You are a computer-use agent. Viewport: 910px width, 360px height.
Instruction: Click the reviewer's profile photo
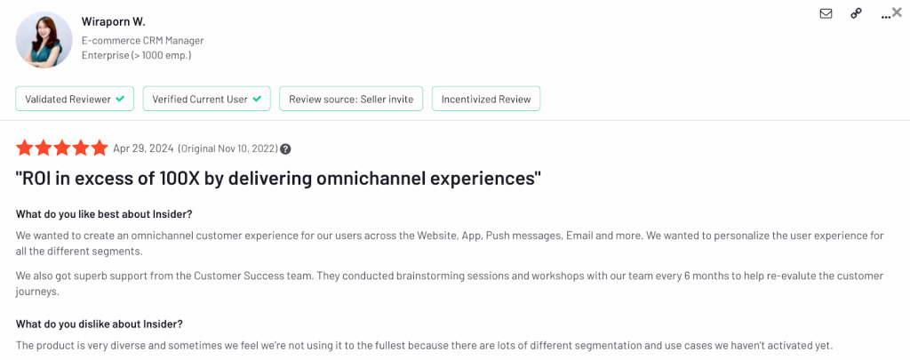click(39, 39)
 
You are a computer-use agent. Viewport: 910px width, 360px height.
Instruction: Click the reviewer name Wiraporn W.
click(113, 22)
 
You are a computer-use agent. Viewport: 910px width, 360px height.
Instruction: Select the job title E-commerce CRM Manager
click(142, 41)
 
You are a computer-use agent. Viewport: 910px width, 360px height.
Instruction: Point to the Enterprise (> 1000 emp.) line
click(136, 56)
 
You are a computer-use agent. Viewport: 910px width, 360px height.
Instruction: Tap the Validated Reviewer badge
click(75, 99)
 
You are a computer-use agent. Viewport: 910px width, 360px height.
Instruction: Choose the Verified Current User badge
click(206, 99)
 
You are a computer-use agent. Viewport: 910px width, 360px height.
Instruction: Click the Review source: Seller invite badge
click(351, 99)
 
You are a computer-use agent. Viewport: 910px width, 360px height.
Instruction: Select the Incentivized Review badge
click(486, 99)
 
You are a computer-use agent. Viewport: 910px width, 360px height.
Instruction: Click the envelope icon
click(826, 13)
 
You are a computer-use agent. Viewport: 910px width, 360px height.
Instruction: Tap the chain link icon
click(856, 13)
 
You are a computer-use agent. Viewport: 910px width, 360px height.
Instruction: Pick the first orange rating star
click(24, 148)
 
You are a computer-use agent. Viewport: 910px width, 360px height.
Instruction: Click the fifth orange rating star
click(99, 148)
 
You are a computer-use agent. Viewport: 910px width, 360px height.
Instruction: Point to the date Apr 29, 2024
click(143, 148)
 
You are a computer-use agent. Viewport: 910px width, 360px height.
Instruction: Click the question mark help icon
click(285, 148)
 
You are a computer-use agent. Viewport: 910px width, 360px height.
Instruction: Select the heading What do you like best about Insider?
click(104, 213)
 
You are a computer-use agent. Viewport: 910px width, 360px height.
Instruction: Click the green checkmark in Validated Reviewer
click(120, 99)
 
